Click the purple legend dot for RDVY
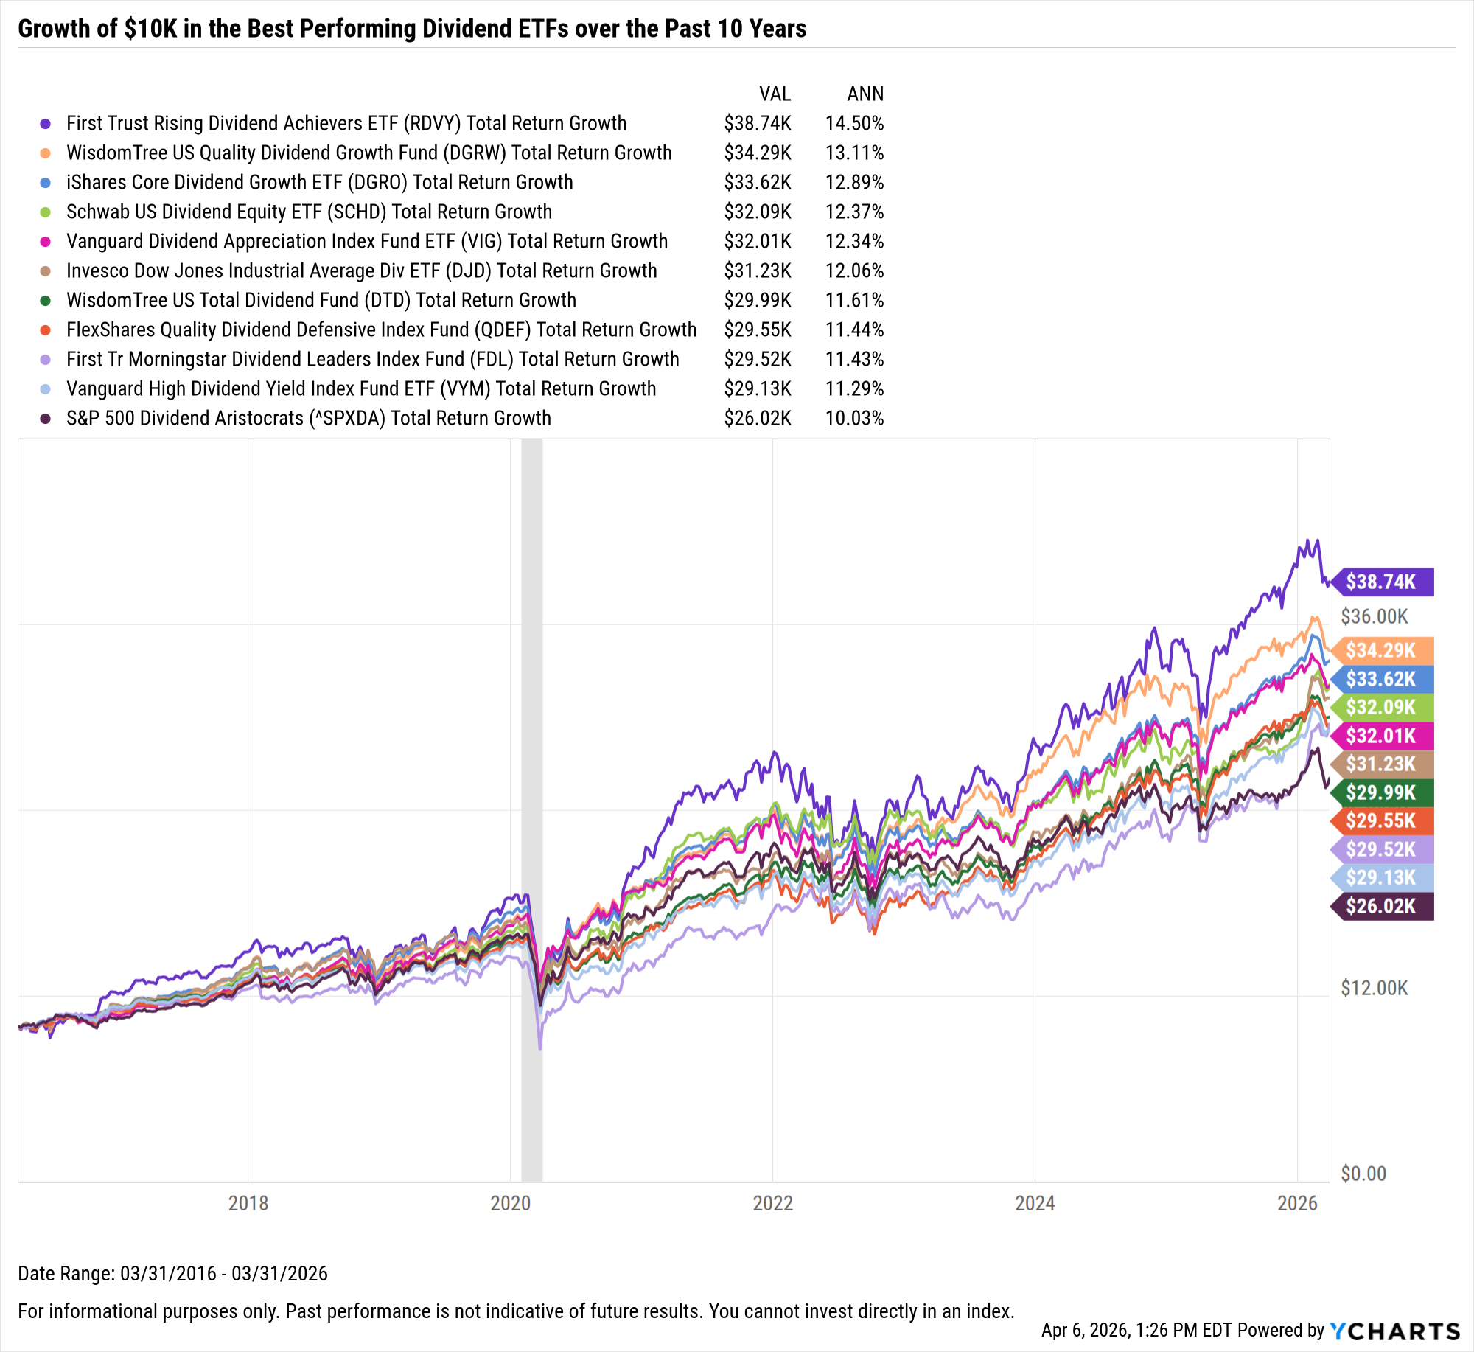tap(46, 124)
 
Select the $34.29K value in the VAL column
tap(757, 153)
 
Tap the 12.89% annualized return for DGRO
tap(854, 183)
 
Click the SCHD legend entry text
tap(309, 212)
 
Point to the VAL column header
tap(775, 94)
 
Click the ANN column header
tap(865, 94)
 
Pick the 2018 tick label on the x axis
tap(248, 1203)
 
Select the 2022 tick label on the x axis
tap(772, 1203)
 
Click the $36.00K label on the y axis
tap(1374, 616)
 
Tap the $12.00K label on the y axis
tap(1374, 988)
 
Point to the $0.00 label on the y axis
tap(1363, 1174)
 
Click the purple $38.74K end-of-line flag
tap(1382, 582)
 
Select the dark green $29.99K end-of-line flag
tap(1382, 793)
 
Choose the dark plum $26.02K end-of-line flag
tap(1382, 907)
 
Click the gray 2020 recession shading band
tap(531, 737)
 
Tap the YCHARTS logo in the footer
tap(1395, 1331)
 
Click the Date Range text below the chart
tap(172, 1274)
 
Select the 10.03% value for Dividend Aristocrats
tap(854, 419)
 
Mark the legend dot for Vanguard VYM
tap(46, 389)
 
